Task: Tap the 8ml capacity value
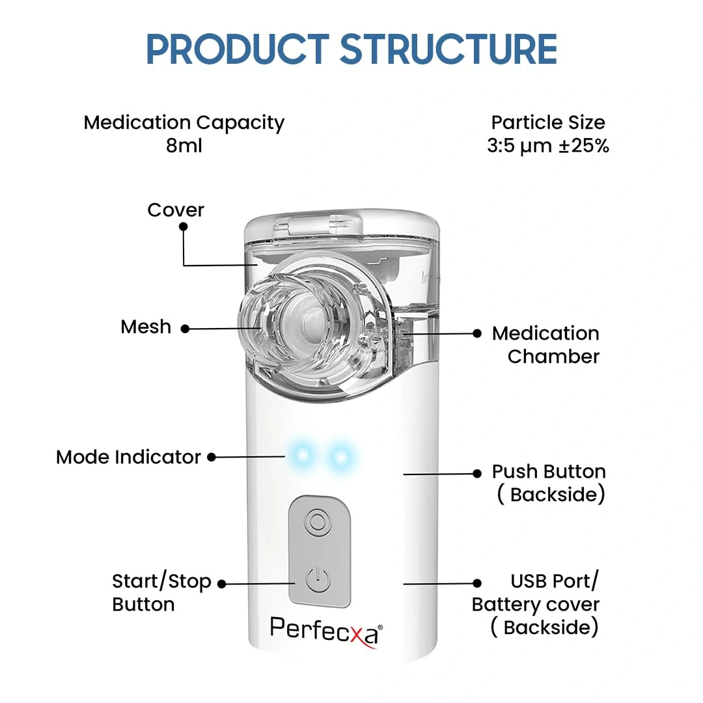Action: pyautogui.click(x=184, y=145)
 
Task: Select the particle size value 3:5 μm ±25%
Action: pyautogui.click(x=548, y=145)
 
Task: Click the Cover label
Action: pyautogui.click(x=176, y=210)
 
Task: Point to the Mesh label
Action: pyautogui.click(x=146, y=327)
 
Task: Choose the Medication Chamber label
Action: pyautogui.click(x=545, y=345)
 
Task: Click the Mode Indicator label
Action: pyautogui.click(x=128, y=457)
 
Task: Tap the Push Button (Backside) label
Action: pyautogui.click(x=549, y=483)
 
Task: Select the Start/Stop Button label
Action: pyautogui.click(x=161, y=592)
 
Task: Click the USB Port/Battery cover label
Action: pyautogui.click(x=535, y=604)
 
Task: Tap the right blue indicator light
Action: pyautogui.click(x=339, y=456)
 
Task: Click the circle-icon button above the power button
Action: pyautogui.click(x=318, y=521)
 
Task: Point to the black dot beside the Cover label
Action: pyautogui.click(x=184, y=227)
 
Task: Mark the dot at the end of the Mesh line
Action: pyautogui.click(x=185, y=329)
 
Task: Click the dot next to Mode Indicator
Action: pyautogui.click(x=212, y=457)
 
